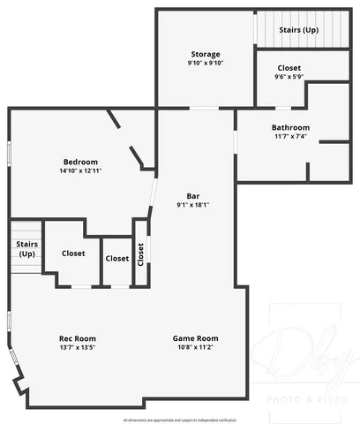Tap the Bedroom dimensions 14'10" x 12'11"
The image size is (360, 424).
click(79, 170)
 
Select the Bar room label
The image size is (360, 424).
click(192, 195)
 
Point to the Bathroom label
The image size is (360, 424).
click(290, 127)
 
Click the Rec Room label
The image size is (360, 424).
click(78, 338)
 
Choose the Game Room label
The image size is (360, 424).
click(195, 338)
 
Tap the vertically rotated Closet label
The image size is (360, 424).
click(140, 253)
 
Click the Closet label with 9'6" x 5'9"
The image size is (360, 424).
click(289, 68)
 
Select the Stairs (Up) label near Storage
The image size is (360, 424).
click(298, 30)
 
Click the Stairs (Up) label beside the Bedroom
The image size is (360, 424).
click(25, 249)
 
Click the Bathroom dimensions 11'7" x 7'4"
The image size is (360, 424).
click(290, 136)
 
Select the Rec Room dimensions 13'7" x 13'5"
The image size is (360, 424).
click(78, 347)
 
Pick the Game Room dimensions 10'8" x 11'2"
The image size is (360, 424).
click(195, 347)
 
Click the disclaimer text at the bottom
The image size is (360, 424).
click(180, 420)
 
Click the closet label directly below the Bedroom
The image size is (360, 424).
click(73, 254)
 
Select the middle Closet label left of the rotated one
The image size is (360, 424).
click(116, 259)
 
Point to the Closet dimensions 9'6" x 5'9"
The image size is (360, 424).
click(289, 77)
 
